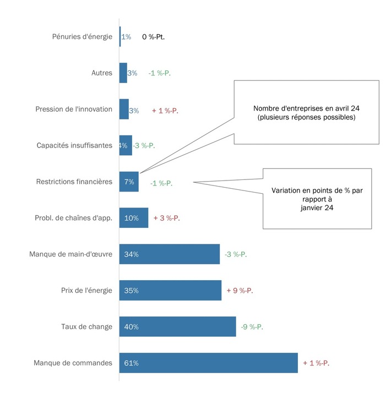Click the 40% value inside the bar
pos(132,326)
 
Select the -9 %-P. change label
pos(252,326)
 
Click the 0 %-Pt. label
pos(154,37)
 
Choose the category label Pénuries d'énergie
pos(82,37)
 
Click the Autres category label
pos(102,73)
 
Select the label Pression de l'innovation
pos(74,109)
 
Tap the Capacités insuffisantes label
pos(74,145)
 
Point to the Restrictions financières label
pos(74,182)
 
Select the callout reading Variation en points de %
pos(317,190)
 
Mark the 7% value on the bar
pos(129,182)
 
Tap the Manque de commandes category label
pos(73,363)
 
